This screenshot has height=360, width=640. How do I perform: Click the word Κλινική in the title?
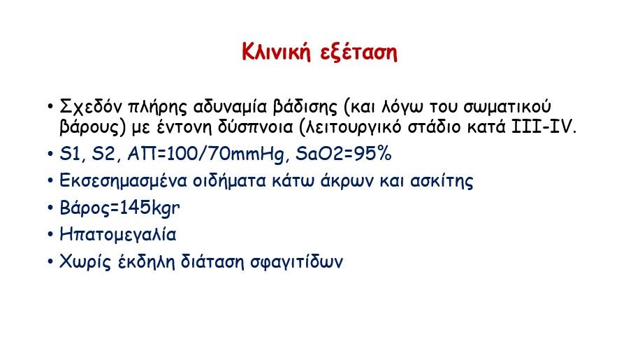pos(276,52)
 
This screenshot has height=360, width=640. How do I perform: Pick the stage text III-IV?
pos(541,127)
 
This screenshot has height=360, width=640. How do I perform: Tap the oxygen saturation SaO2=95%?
pos(343,154)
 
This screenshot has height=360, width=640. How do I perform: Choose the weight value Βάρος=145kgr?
pos(119,208)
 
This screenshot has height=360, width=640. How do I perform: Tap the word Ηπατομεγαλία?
pos(118,235)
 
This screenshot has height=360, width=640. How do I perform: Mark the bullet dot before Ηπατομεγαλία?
pos(50,235)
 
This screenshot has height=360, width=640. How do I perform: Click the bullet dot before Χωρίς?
pos(50,261)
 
